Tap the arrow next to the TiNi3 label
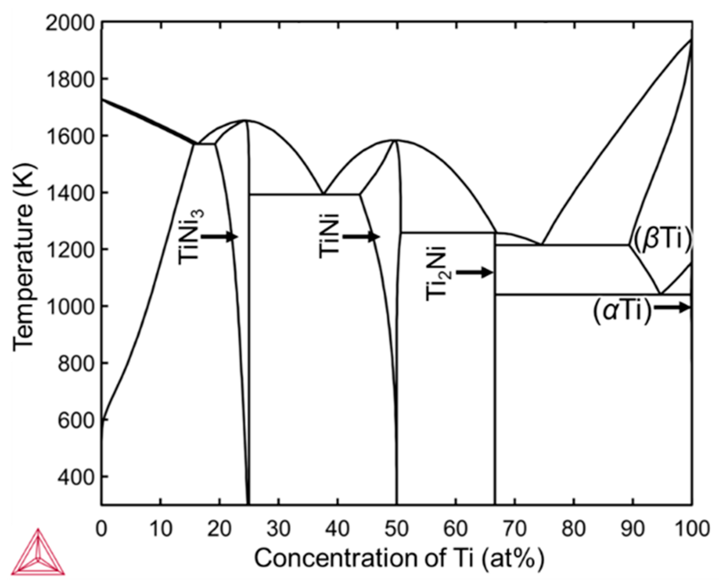click(x=219, y=236)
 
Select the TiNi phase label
click(x=330, y=236)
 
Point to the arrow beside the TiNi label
click(x=361, y=236)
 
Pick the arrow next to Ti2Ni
click(x=474, y=272)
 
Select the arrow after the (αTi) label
click(x=672, y=307)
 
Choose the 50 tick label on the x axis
click(x=397, y=529)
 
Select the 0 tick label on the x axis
click(x=101, y=529)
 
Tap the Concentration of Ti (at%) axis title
click(x=399, y=559)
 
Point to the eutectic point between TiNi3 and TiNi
click(x=323, y=194)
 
